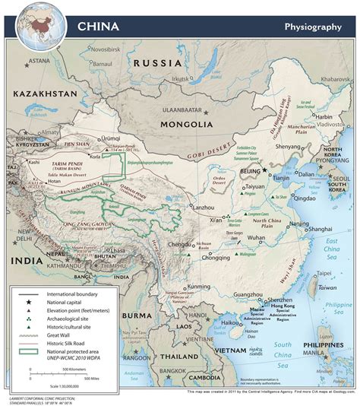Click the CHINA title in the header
pyautogui.click(x=97, y=27)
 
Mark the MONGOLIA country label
pyautogui.click(x=186, y=124)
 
